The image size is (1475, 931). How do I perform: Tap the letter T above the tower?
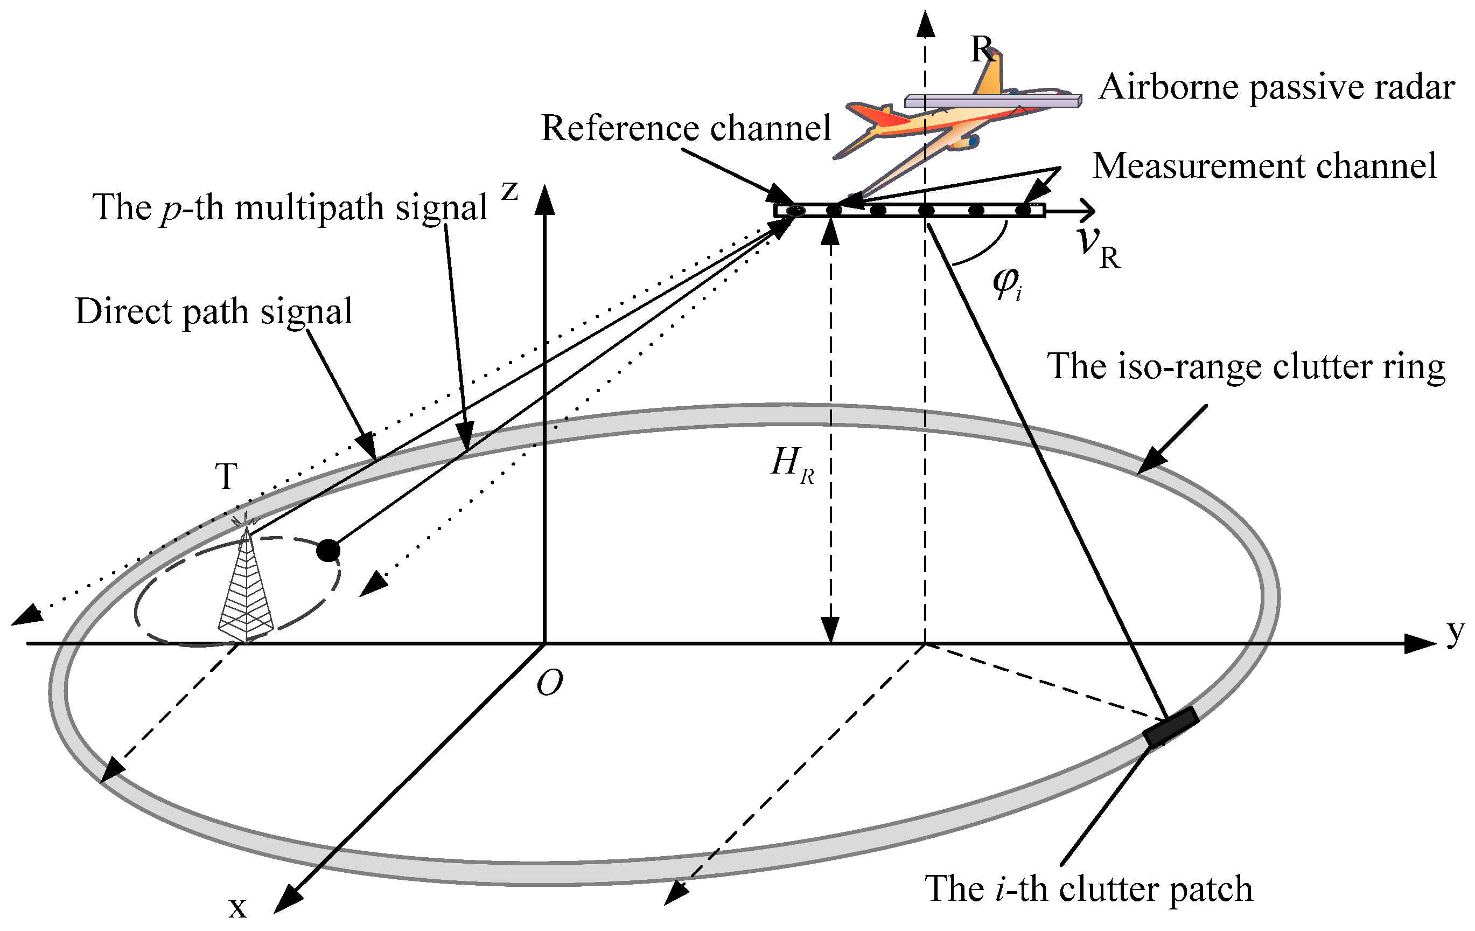(x=226, y=476)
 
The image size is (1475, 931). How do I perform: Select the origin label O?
(x=549, y=683)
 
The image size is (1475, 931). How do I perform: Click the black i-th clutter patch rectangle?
(x=1170, y=727)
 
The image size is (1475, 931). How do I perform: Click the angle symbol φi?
(x=1006, y=283)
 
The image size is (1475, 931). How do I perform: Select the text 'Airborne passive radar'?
(x=1276, y=88)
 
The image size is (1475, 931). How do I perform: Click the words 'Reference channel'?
(x=686, y=129)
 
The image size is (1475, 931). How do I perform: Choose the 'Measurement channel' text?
(x=1264, y=166)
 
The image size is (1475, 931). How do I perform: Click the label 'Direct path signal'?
(x=213, y=312)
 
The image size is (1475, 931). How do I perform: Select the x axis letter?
(x=237, y=907)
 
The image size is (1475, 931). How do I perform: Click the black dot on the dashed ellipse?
(x=328, y=550)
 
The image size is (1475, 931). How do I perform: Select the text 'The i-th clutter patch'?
(x=1088, y=889)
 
